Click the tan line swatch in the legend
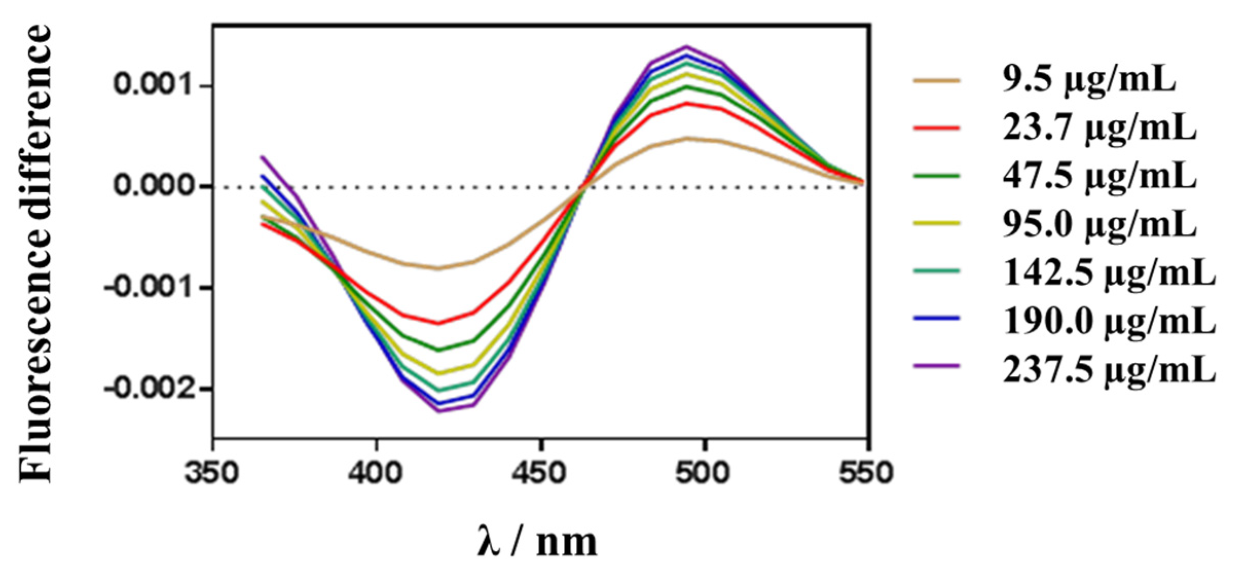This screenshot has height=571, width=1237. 936,80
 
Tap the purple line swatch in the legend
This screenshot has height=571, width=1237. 936,366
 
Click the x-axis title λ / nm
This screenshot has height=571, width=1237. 538,541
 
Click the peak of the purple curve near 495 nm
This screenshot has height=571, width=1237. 686,47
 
